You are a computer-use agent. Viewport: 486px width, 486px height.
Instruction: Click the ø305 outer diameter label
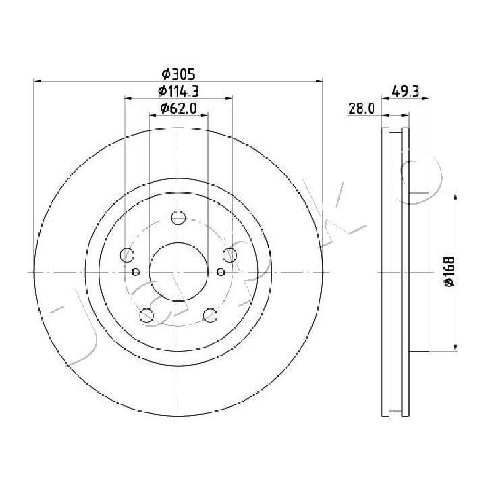(x=178, y=74)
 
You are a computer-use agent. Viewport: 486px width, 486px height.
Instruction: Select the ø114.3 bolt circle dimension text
(x=178, y=91)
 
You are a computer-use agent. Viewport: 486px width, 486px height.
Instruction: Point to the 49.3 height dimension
(x=406, y=91)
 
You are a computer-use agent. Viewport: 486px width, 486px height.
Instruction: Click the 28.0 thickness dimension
(x=361, y=109)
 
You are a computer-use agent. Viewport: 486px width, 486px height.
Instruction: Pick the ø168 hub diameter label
(x=449, y=271)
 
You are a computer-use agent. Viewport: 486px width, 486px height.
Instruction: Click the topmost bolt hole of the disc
(x=178, y=217)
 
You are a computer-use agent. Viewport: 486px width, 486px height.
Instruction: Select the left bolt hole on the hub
(x=127, y=255)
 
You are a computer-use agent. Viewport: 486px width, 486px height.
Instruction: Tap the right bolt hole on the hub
(x=230, y=255)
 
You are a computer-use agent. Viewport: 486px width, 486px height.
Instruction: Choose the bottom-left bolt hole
(x=146, y=315)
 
